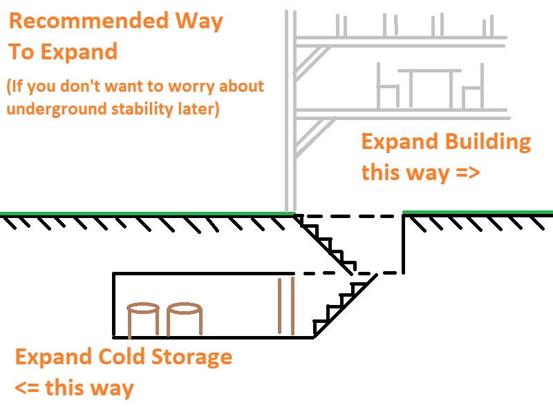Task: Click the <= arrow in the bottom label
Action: tap(27, 388)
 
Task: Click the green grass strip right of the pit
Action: tap(478, 212)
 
